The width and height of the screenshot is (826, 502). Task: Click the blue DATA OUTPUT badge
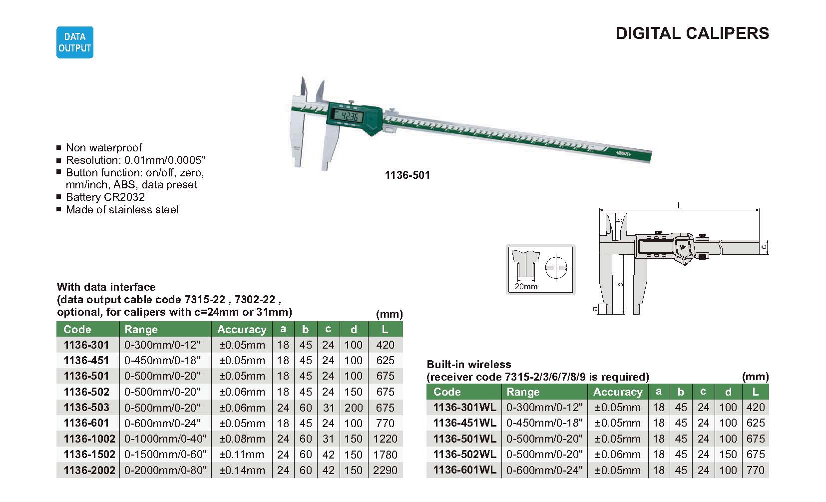pyautogui.click(x=75, y=42)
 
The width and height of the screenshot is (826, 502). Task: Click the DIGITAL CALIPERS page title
pyautogui.click(x=692, y=33)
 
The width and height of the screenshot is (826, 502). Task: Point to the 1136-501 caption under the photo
pyautogui.click(x=407, y=175)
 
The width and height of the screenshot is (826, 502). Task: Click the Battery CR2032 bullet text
pyautogui.click(x=105, y=197)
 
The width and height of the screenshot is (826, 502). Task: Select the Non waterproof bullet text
pyautogui.click(x=103, y=147)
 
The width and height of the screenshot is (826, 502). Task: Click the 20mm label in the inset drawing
pyautogui.click(x=526, y=286)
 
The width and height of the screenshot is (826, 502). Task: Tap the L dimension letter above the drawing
pyautogui.click(x=680, y=205)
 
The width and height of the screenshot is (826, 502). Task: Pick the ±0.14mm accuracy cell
pyautogui.click(x=242, y=470)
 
